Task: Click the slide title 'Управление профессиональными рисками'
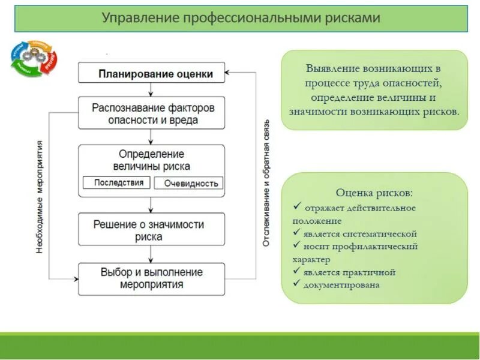pos(241,18)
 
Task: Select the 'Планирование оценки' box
pos(151,73)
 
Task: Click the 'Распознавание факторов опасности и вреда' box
pos(151,113)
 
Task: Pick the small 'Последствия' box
pos(118,182)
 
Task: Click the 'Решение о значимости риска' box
pos(151,230)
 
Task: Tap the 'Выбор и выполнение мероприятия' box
pos(151,278)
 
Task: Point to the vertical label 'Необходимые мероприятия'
pos(40,196)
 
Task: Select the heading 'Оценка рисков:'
pos(374,193)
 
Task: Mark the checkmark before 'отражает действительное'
pos(296,207)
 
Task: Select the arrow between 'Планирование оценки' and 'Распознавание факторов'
pos(151,90)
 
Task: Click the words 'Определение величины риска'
pos(151,160)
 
